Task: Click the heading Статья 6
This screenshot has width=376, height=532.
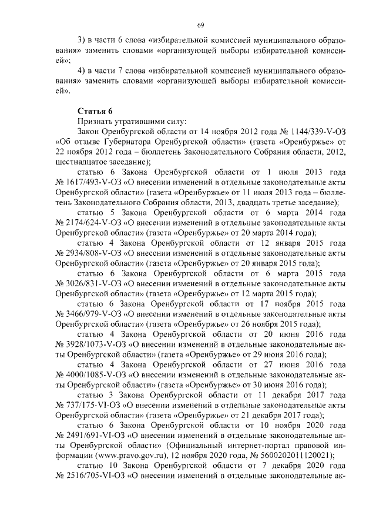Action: (95, 111)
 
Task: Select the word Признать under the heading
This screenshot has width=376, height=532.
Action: (94, 121)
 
